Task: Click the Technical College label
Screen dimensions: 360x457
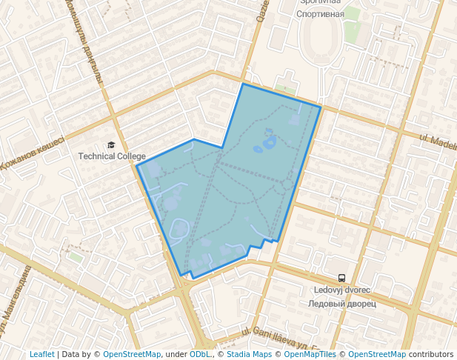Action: coord(112,156)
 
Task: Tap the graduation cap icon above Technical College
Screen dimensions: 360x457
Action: coord(111,145)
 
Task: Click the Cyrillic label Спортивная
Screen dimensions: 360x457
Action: coord(319,14)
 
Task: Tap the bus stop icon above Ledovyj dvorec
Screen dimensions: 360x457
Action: coord(341,279)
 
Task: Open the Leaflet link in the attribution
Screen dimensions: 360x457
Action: coord(41,354)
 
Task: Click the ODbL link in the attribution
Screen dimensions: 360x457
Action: coord(200,354)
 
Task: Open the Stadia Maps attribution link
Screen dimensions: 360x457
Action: coord(249,354)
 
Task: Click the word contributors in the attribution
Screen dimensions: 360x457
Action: coord(431,354)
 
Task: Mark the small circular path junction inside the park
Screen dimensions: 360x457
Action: coord(287,183)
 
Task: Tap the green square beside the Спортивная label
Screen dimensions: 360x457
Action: coord(352,14)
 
